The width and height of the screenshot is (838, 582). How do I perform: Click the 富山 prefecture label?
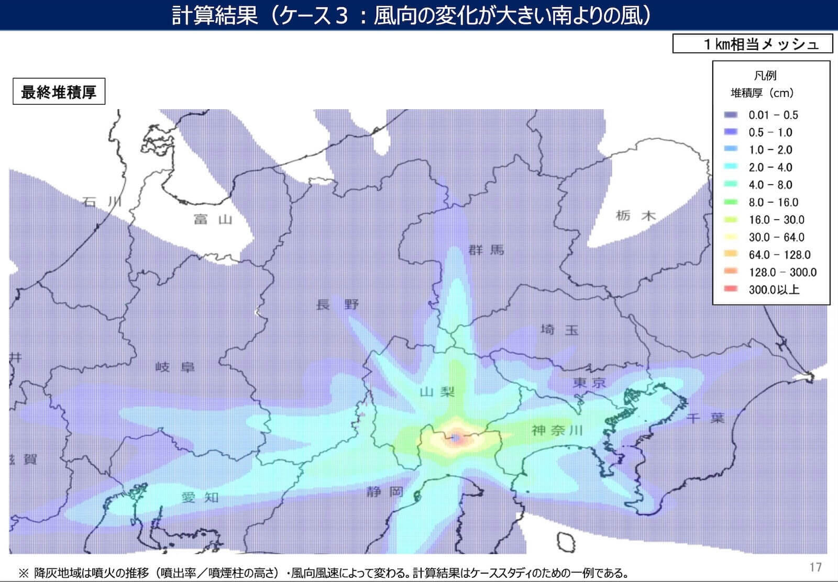tap(213, 219)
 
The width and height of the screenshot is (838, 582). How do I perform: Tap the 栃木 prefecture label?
tap(635, 215)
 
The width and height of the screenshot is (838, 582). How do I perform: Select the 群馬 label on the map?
tap(486, 250)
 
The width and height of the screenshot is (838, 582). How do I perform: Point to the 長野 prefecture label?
tap(337, 304)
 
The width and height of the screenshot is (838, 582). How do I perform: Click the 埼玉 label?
tap(559, 330)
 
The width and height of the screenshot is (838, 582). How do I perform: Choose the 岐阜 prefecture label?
tap(174, 367)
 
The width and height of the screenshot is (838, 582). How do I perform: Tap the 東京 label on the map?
tap(589, 383)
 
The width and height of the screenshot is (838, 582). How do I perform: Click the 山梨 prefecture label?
tap(437, 391)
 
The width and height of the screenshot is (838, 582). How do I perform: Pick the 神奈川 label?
tap(557, 430)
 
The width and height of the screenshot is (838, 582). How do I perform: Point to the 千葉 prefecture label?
tap(705, 418)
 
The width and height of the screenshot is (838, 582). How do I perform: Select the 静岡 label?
tap(385, 491)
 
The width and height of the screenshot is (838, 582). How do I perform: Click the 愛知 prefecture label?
tap(200, 497)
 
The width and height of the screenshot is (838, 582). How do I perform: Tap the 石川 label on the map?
tap(102, 202)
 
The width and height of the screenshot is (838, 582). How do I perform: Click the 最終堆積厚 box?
tap(59, 92)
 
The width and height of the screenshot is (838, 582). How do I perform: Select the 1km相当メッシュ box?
tap(752, 44)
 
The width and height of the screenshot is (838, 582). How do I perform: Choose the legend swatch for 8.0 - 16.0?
tap(731, 202)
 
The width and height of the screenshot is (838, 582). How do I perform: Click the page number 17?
tap(815, 567)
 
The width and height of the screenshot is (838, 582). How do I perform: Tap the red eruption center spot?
tap(456, 438)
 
